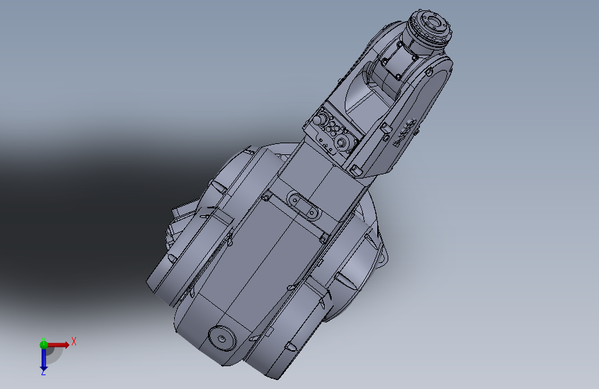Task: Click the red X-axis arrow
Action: [x=57, y=345]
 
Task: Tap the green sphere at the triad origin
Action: [x=44, y=345]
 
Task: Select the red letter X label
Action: [x=74, y=341]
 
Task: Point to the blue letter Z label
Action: [x=44, y=372]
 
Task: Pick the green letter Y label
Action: [x=44, y=339]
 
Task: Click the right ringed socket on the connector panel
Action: [x=341, y=143]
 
